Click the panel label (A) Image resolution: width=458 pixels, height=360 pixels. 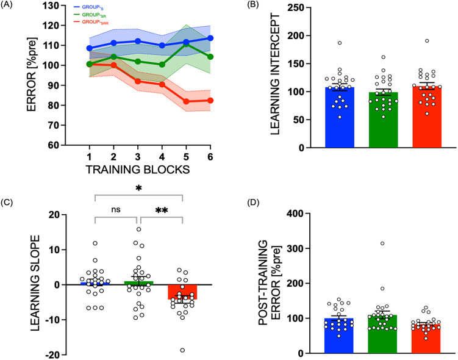tap(11, 7)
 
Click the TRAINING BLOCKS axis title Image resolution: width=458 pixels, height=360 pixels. tap(138, 165)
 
